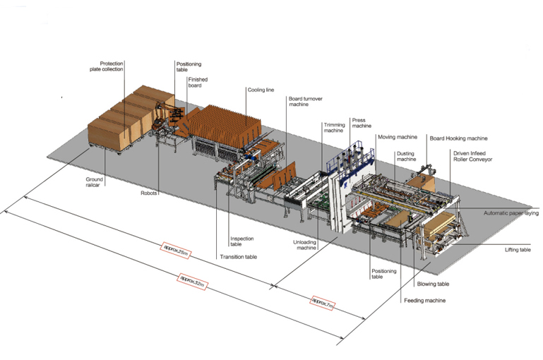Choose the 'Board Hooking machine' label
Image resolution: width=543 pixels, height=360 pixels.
[x=458, y=138]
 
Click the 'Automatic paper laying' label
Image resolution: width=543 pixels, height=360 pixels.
[x=513, y=212]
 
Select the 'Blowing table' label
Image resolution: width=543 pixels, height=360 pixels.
[x=431, y=284]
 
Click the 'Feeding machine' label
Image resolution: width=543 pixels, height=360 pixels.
[x=424, y=300]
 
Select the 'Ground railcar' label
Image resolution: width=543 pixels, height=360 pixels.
[x=95, y=183]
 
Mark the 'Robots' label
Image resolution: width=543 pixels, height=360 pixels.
[x=149, y=191]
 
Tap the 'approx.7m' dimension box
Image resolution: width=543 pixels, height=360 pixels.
[x=323, y=304]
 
